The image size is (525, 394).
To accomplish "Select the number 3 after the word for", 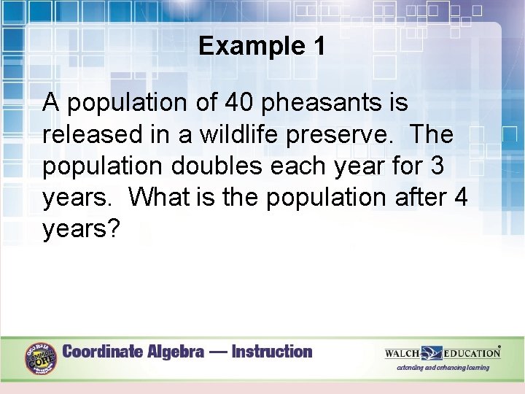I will [x=437, y=166].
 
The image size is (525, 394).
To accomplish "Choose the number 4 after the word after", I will [x=460, y=197].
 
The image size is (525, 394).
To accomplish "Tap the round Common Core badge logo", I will [x=40, y=358].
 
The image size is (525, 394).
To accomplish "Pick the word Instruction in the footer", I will [x=272, y=352].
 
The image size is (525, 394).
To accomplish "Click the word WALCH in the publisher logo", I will [x=402, y=353].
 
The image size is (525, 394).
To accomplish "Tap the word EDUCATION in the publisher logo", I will [x=471, y=353].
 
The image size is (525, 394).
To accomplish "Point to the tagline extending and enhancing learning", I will [x=443, y=368].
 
